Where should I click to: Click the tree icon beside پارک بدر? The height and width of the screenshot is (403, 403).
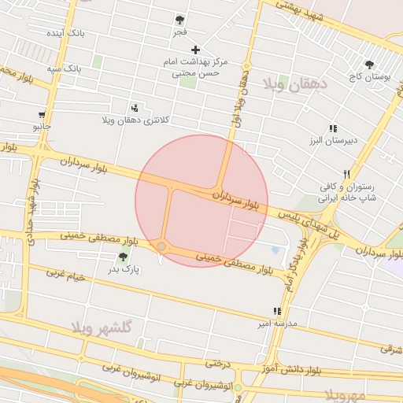tap(122, 257)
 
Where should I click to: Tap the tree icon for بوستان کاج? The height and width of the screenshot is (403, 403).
tap(369, 65)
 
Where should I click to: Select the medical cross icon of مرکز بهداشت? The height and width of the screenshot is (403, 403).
tap(196, 50)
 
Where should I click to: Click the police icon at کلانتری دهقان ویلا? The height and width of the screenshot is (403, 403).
tap(135, 108)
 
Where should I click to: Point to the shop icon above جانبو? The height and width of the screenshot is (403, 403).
tap(42, 115)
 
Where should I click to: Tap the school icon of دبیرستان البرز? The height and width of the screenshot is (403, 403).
tap(333, 128)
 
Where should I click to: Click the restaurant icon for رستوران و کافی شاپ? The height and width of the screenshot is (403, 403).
tap(346, 174)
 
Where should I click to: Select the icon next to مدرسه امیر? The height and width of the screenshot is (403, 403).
tap(276, 312)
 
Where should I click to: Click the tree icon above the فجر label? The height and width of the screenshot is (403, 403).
tap(180, 20)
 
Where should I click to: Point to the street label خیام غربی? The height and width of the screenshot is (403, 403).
tap(65, 275)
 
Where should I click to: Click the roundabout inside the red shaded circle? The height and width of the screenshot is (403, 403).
tap(161, 247)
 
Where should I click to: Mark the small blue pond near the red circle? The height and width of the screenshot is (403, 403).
tap(275, 250)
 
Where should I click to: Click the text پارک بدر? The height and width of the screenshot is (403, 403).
tap(124, 270)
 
